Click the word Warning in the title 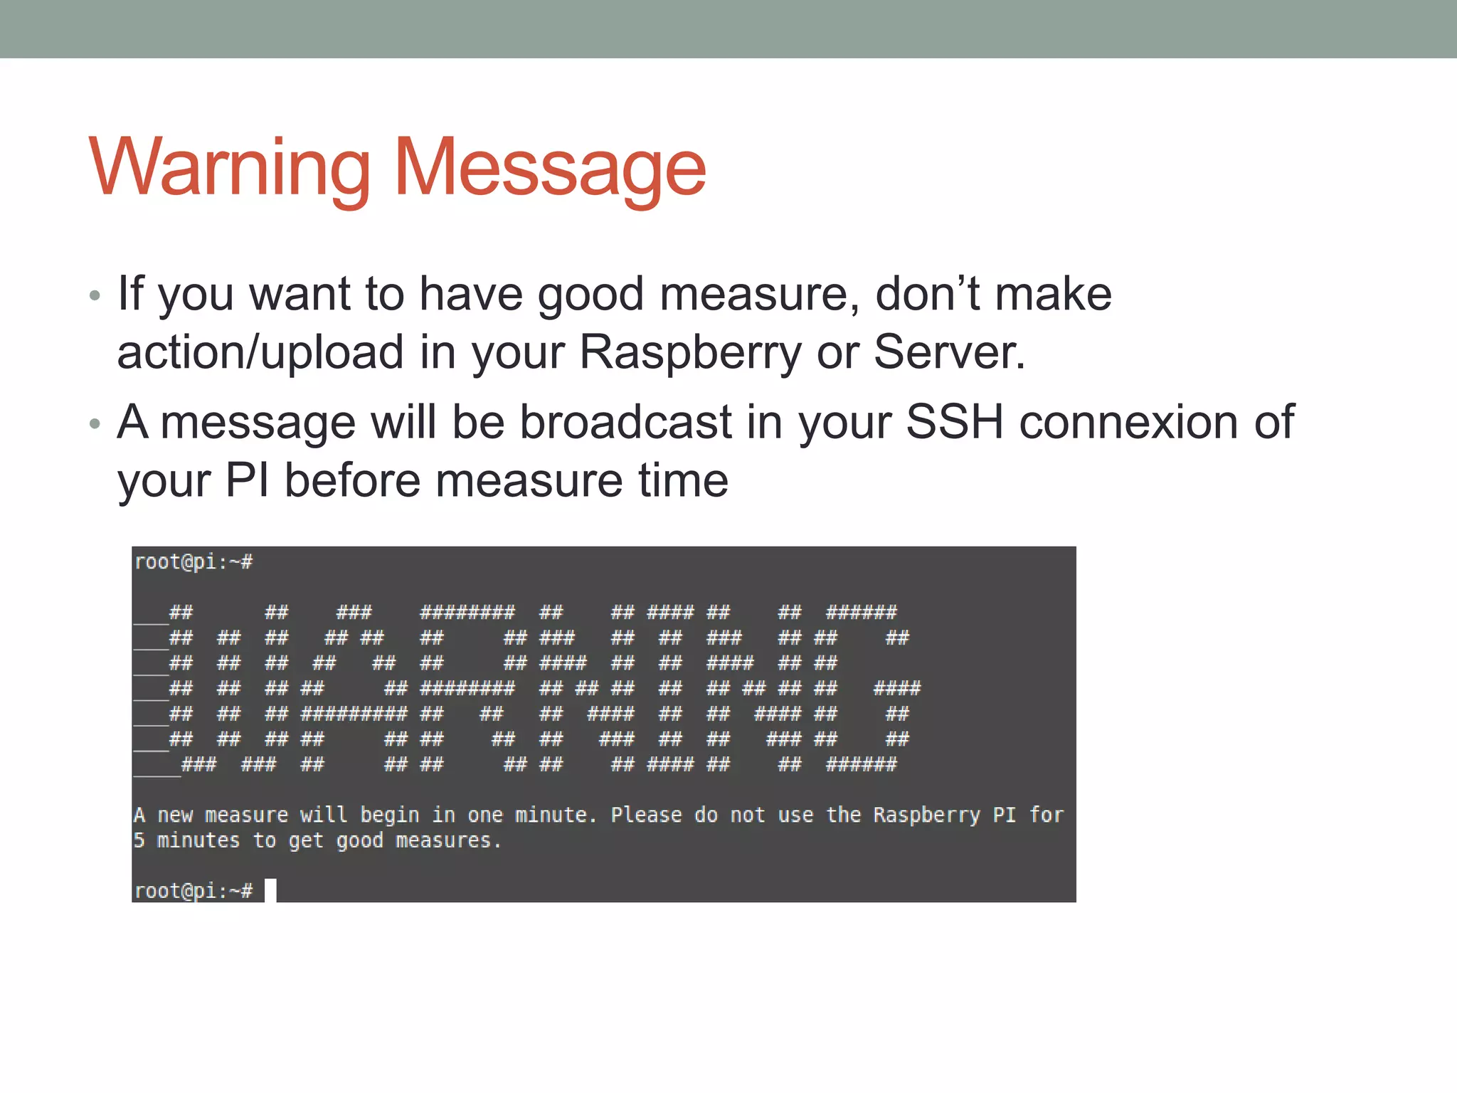[x=229, y=168]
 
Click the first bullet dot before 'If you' [x=95, y=295]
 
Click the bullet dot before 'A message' [x=95, y=423]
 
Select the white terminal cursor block [x=270, y=890]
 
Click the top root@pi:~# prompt [x=194, y=562]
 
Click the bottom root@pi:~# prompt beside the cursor [x=194, y=890]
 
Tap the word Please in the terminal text [x=646, y=815]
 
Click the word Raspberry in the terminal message [x=926, y=815]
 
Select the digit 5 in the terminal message [x=139, y=840]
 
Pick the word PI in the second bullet [x=247, y=480]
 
